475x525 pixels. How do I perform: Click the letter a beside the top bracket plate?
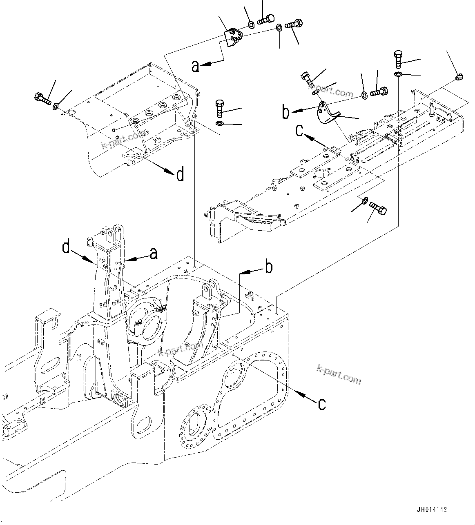pos(196,66)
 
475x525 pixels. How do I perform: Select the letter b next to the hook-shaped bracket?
pos(286,112)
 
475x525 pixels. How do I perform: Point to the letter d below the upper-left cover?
pos(180,175)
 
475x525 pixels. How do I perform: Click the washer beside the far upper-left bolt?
pos(55,107)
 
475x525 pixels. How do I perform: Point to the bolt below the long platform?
pos(378,208)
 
